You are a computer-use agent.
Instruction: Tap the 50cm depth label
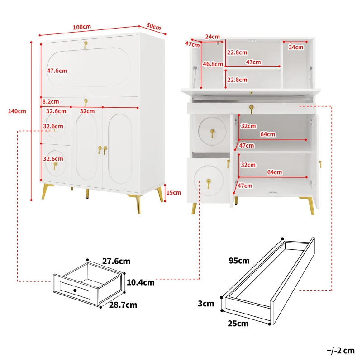tap(153, 27)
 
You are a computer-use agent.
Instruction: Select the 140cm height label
tap(17, 111)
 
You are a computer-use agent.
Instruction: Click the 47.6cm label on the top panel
tap(57, 71)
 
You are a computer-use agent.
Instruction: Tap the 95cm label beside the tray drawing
tap(239, 261)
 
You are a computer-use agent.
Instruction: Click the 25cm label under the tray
tap(238, 324)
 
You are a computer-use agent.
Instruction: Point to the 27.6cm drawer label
tap(116, 262)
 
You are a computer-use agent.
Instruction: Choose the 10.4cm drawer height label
tap(140, 282)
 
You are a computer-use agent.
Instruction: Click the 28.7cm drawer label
tap(123, 305)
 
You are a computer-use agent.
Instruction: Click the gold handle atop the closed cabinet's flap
tap(85, 44)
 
